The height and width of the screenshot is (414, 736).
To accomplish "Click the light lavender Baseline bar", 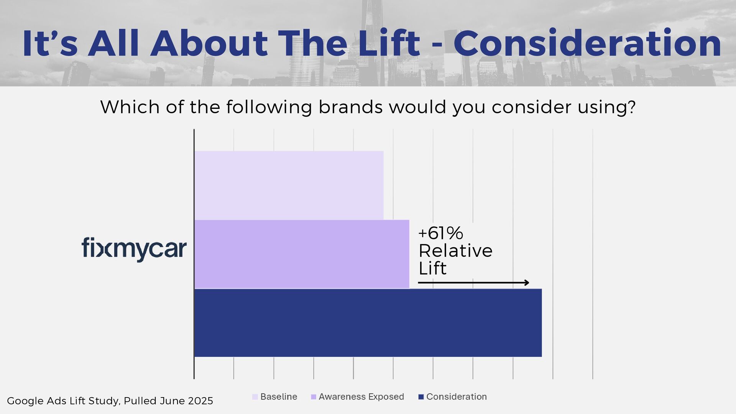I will [289, 185].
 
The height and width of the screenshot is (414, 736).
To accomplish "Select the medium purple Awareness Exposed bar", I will [302, 254].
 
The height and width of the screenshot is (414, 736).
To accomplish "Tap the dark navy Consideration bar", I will [368, 323].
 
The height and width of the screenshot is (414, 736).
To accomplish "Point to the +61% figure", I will [440, 233].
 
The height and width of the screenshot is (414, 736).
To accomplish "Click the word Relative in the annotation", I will [455, 251].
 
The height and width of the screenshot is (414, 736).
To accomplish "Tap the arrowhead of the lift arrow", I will [527, 283].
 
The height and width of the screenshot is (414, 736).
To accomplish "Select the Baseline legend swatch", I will [255, 397].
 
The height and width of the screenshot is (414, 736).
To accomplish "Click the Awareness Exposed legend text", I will [361, 397].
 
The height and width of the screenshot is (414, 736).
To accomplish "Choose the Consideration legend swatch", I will [421, 397].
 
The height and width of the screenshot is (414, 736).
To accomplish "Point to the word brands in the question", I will [350, 107].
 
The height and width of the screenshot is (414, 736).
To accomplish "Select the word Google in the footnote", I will [25, 401].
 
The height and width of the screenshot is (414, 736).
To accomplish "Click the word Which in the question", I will [130, 107].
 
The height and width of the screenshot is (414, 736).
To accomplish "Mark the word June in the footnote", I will [171, 401].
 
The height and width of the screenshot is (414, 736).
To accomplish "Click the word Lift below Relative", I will [432, 269].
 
